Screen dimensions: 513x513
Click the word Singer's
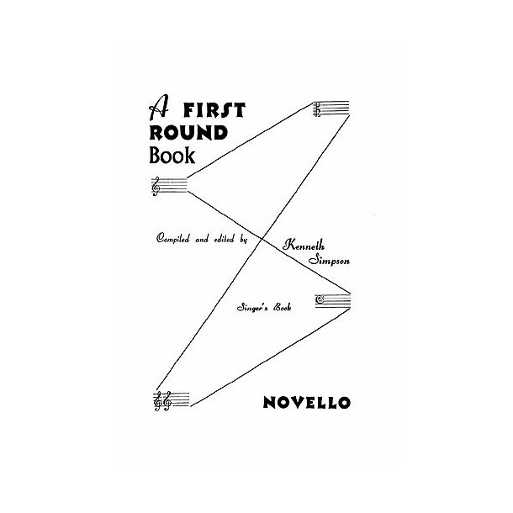click(251, 310)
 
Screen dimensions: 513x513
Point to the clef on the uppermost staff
click(319, 108)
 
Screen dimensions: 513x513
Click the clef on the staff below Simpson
click(320, 299)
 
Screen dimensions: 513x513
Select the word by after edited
click(244, 239)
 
